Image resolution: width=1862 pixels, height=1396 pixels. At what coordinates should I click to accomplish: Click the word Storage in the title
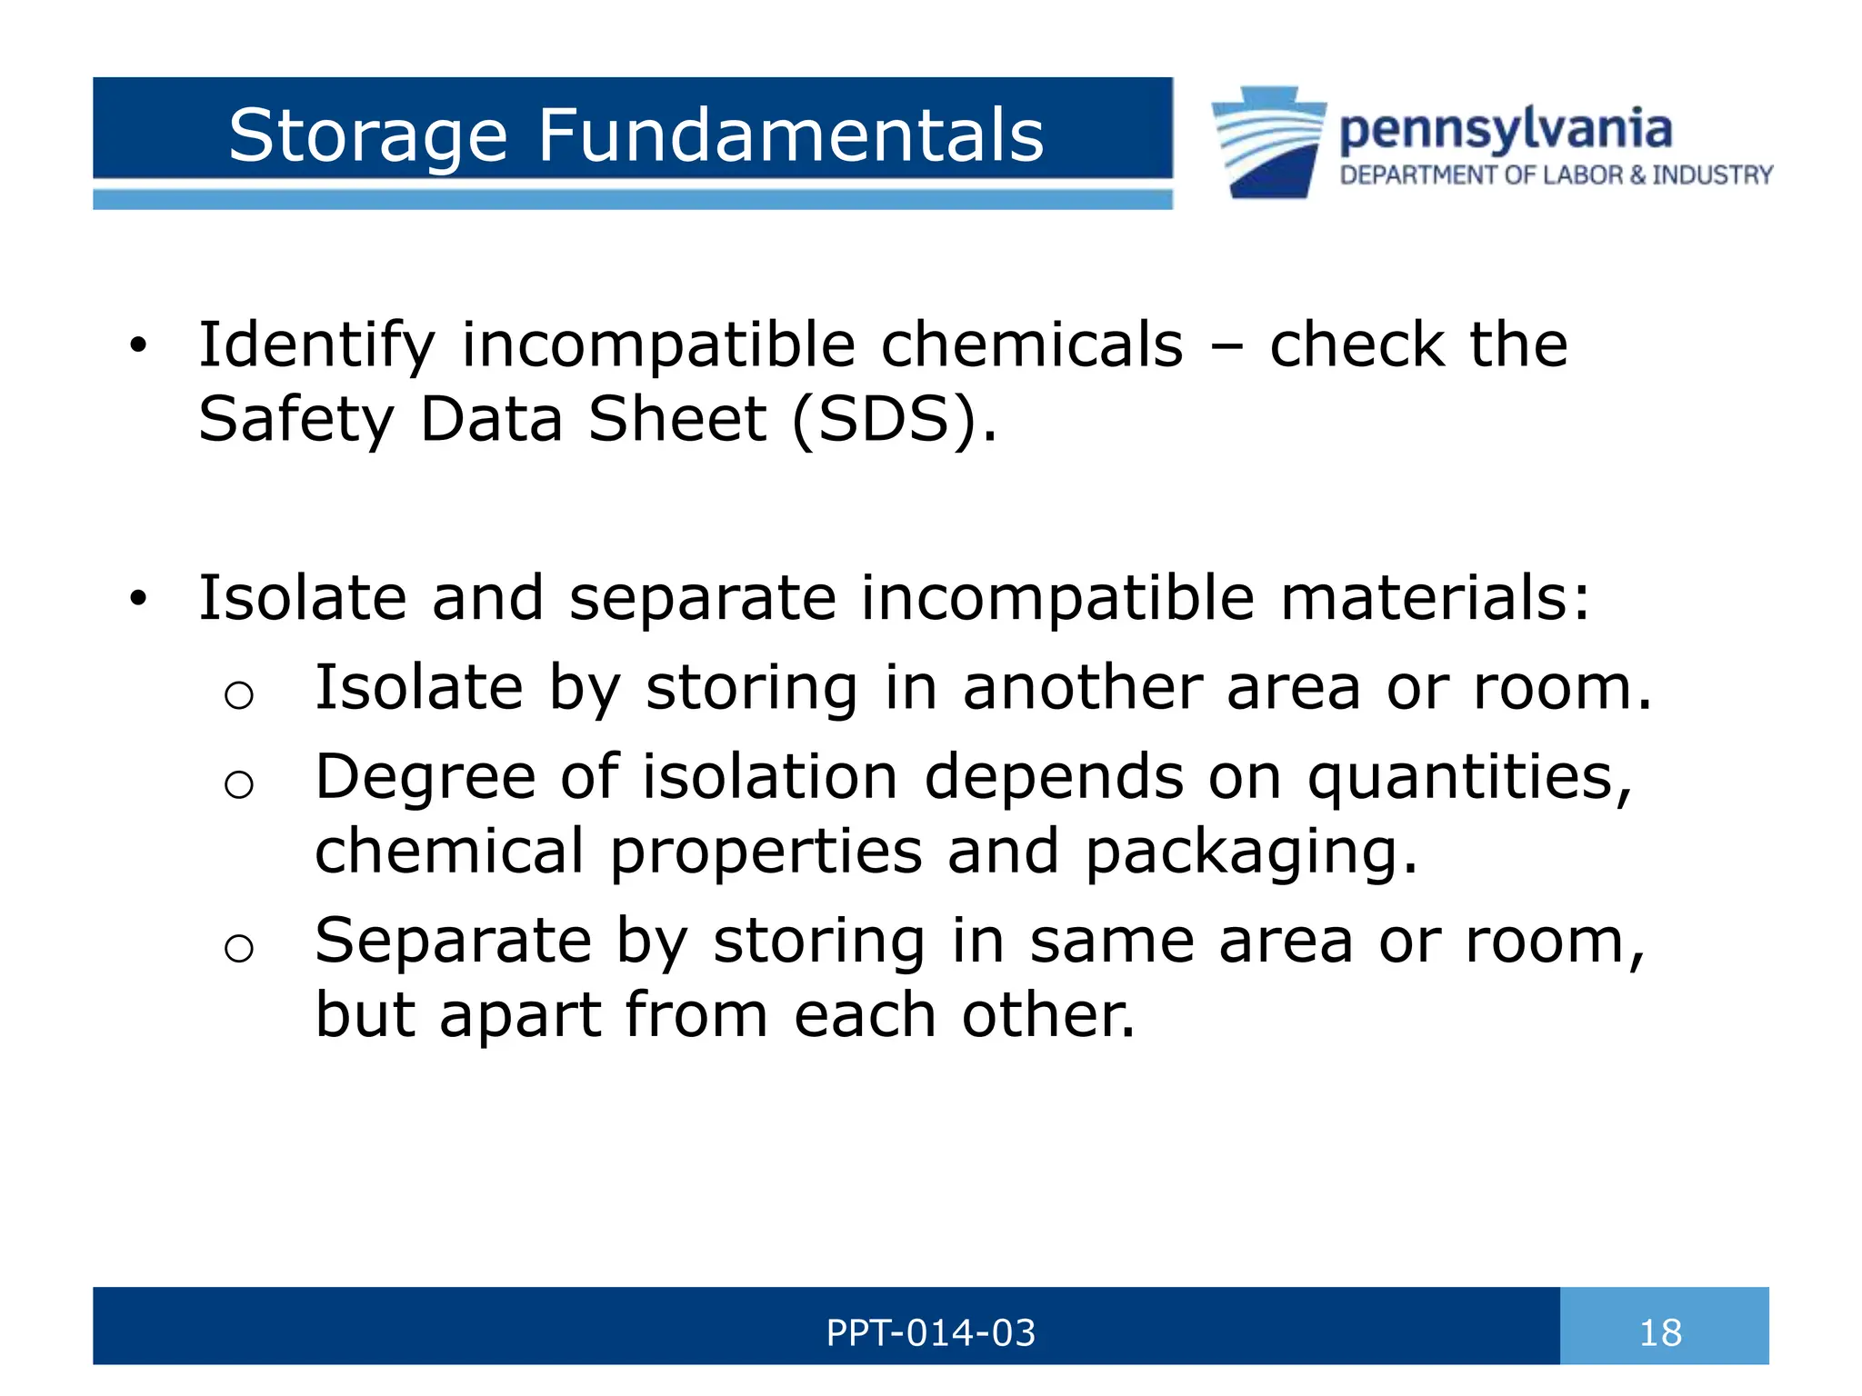(367, 136)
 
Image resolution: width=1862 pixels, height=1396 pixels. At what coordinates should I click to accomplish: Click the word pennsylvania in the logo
(1506, 130)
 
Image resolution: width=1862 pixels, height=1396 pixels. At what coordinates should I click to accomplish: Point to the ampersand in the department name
(1637, 174)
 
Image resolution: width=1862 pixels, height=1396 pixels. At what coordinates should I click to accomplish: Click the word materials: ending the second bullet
(1436, 598)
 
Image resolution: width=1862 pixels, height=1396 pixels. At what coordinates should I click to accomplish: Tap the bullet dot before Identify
(137, 345)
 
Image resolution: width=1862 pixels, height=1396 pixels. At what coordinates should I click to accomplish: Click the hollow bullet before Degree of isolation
(238, 783)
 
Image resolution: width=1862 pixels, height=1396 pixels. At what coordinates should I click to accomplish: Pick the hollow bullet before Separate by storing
(238, 948)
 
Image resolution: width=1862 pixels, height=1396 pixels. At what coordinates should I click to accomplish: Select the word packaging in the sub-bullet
(1251, 853)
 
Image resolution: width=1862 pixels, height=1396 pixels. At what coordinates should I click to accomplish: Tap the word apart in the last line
(519, 1014)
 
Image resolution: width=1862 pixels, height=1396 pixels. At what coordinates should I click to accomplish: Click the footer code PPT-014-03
(930, 1333)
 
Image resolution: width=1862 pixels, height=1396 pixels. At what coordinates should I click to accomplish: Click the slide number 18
(1660, 1333)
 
